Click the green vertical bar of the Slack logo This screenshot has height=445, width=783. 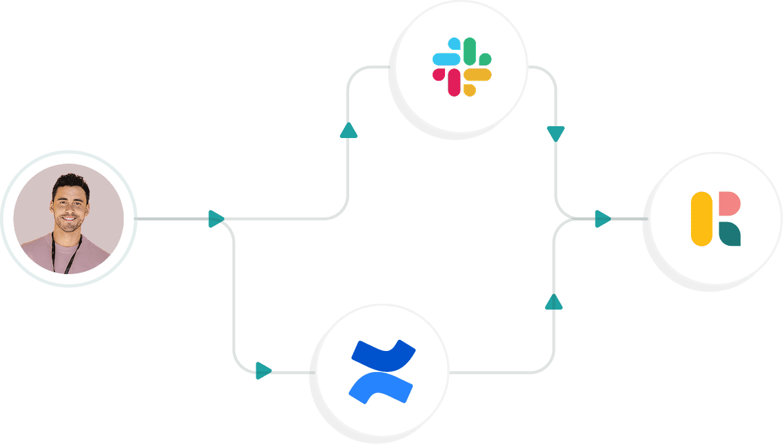coord(469,51)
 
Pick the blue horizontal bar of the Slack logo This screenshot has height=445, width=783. coord(446,59)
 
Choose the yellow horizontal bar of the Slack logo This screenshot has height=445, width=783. coord(478,74)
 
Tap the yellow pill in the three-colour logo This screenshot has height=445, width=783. coord(701,219)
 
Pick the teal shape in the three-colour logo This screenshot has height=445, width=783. coord(729,234)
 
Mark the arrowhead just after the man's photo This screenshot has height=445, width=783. coord(216,219)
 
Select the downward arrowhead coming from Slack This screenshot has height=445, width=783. coord(556,134)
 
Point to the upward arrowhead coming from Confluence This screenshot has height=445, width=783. coord(554,302)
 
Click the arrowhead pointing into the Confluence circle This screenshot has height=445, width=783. coord(263,371)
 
